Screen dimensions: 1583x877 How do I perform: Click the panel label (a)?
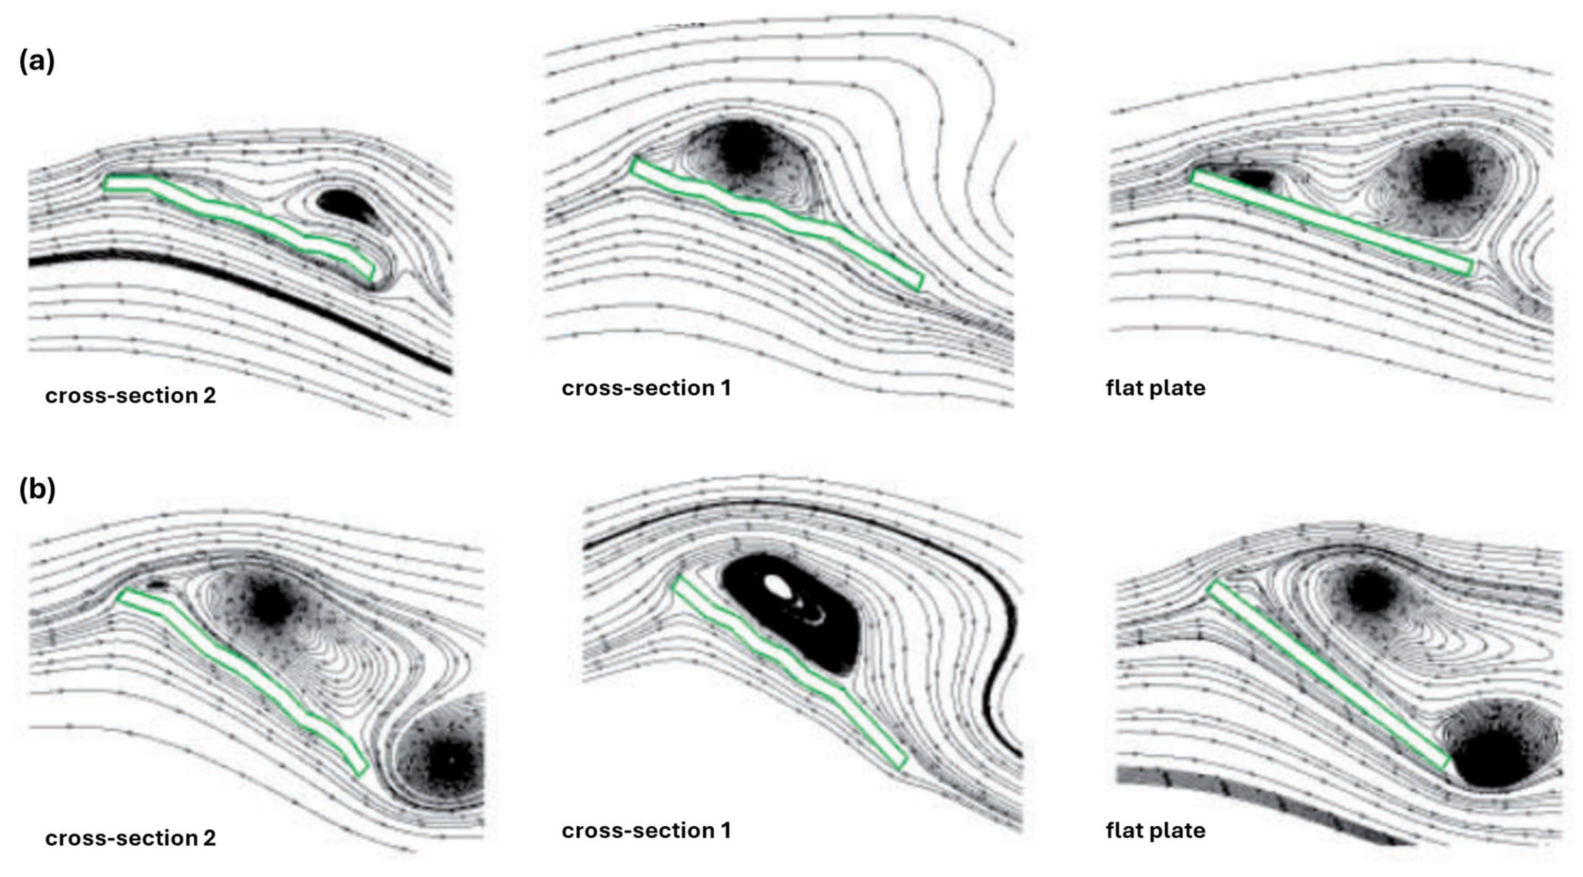(37, 62)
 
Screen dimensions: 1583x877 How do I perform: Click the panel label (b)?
(37, 489)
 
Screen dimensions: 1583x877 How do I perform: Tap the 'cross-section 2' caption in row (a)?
(130, 396)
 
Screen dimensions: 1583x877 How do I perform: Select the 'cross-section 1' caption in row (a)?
(647, 388)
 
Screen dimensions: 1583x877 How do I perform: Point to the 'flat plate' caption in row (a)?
(1155, 388)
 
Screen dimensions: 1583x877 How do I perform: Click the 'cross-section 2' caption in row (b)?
(130, 838)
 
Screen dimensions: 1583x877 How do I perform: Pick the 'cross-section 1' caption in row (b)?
(647, 830)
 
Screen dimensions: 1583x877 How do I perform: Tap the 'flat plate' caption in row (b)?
(1155, 830)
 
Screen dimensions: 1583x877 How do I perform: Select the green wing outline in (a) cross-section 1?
(774, 221)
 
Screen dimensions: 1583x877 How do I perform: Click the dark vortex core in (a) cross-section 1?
(744, 151)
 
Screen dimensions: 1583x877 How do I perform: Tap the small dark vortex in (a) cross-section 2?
(344, 203)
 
